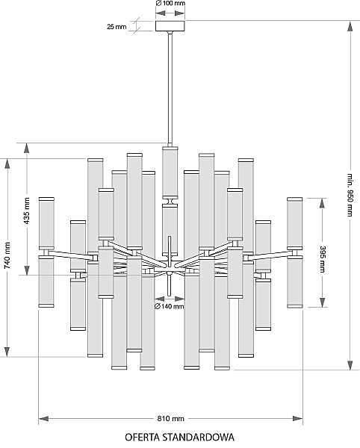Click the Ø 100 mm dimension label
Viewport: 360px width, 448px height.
(170, 3)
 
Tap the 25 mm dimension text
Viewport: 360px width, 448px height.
(117, 27)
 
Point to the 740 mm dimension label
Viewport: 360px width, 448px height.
(7, 255)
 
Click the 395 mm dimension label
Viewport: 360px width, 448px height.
(323, 259)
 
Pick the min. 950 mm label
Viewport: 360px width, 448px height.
(350, 195)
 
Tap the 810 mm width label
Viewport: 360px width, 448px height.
(170, 419)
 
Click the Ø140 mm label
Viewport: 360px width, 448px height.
(169, 307)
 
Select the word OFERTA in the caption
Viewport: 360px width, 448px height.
(143, 437)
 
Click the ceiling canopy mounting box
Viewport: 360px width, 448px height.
(170, 26)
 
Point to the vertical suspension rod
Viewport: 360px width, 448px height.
(170, 89)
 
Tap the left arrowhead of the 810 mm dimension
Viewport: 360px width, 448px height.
(43, 419)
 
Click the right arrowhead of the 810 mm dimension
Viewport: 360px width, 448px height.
(298, 419)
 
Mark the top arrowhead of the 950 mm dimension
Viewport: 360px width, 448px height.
(350, 26)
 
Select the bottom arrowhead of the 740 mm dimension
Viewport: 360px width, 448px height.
(7, 352)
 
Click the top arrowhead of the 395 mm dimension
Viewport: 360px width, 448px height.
(323, 203)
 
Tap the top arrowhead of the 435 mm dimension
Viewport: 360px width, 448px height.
(26, 148)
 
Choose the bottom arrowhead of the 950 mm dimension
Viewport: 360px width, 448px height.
(350, 365)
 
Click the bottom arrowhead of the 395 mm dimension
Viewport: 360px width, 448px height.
(323, 302)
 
